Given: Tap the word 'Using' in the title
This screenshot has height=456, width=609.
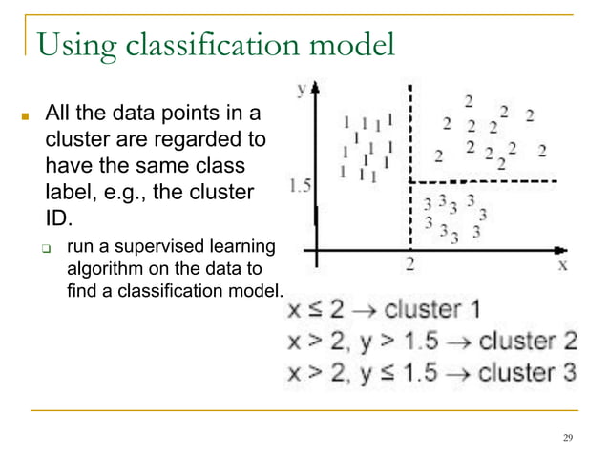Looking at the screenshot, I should click(x=70, y=46).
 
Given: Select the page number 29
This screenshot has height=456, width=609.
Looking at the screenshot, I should click(x=568, y=438).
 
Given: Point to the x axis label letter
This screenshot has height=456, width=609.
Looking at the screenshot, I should click(x=562, y=264).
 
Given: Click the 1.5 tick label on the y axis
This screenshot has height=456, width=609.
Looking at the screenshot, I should click(x=299, y=184).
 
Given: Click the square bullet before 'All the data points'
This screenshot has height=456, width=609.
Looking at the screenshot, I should click(x=28, y=121).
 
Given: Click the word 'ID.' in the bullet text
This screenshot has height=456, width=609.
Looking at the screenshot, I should click(x=59, y=218).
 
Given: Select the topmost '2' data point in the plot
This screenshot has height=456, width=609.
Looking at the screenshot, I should click(x=469, y=100).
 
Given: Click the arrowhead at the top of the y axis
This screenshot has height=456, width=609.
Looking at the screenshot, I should click(x=316, y=88).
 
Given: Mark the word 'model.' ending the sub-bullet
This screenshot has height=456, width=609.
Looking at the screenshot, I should click(x=258, y=288).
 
